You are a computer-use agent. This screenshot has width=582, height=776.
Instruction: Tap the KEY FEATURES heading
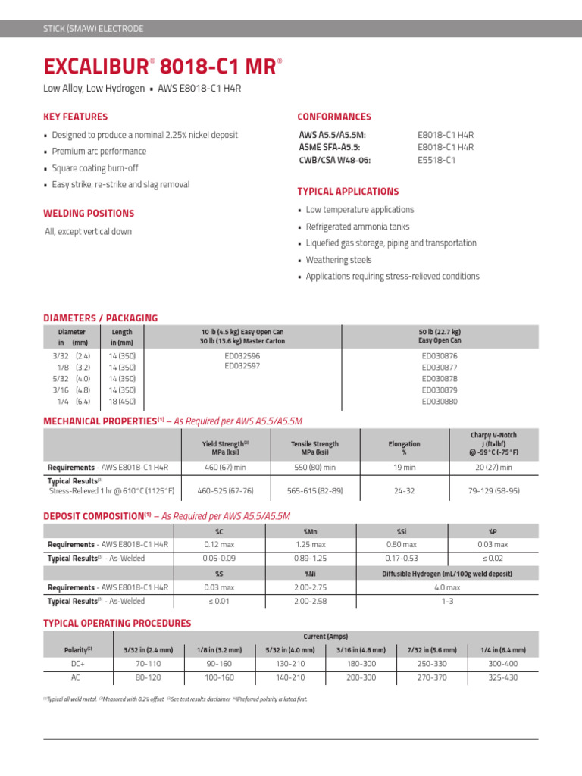coord(76,117)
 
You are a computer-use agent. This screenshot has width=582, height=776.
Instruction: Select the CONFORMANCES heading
coord(334,117)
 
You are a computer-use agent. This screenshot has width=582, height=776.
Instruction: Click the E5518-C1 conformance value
coord(436,160)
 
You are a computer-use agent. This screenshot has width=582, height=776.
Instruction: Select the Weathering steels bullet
coord(338,260)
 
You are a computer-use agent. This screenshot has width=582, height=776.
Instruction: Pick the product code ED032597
coord(242,366)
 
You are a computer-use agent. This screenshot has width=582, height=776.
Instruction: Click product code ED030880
coord(440,402)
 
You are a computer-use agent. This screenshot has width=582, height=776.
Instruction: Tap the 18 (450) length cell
coord(121,402)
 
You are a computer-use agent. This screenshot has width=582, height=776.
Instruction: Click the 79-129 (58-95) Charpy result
coord(494,491)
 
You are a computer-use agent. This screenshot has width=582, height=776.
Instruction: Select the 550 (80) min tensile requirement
coord(315,468)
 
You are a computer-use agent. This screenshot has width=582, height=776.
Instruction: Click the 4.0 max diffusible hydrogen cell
coord(446,587)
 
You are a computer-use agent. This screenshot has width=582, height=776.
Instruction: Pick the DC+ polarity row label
coord(75,663)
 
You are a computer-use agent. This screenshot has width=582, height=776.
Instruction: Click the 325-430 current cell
coord(503,677)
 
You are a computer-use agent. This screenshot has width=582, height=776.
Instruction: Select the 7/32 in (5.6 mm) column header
coord(432,650)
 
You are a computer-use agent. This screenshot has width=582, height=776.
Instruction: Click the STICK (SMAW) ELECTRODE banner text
coord(92,29)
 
